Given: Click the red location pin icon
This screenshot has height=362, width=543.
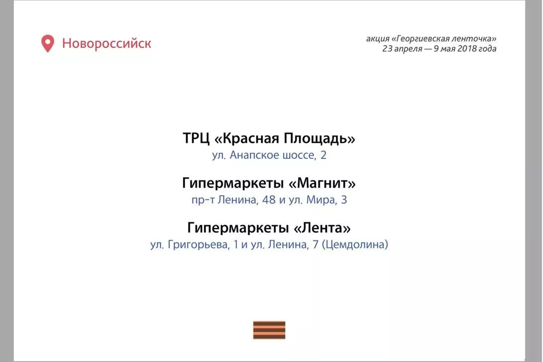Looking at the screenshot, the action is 48,43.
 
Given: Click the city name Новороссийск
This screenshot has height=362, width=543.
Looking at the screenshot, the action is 107,43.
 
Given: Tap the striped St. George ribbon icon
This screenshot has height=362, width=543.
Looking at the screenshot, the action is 269,330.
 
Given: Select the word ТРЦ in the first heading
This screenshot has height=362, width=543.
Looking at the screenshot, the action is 196,138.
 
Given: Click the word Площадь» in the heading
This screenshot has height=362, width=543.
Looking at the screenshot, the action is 320,138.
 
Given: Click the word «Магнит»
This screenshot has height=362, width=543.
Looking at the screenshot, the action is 322,183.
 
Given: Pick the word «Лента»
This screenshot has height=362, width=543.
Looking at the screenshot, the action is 322,228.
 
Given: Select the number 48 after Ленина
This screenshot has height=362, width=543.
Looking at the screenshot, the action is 269,200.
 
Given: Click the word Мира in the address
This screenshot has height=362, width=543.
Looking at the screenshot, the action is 321,200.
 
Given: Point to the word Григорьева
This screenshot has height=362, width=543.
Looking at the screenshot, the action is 199,244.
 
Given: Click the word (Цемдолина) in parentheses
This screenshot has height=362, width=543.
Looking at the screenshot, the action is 355,244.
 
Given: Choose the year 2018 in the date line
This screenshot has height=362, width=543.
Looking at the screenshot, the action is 467,48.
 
